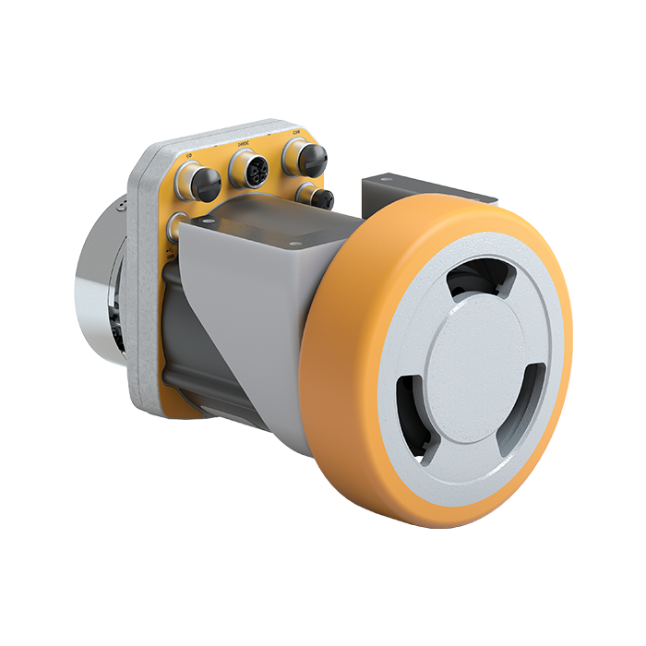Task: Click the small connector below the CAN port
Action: [317, 197]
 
